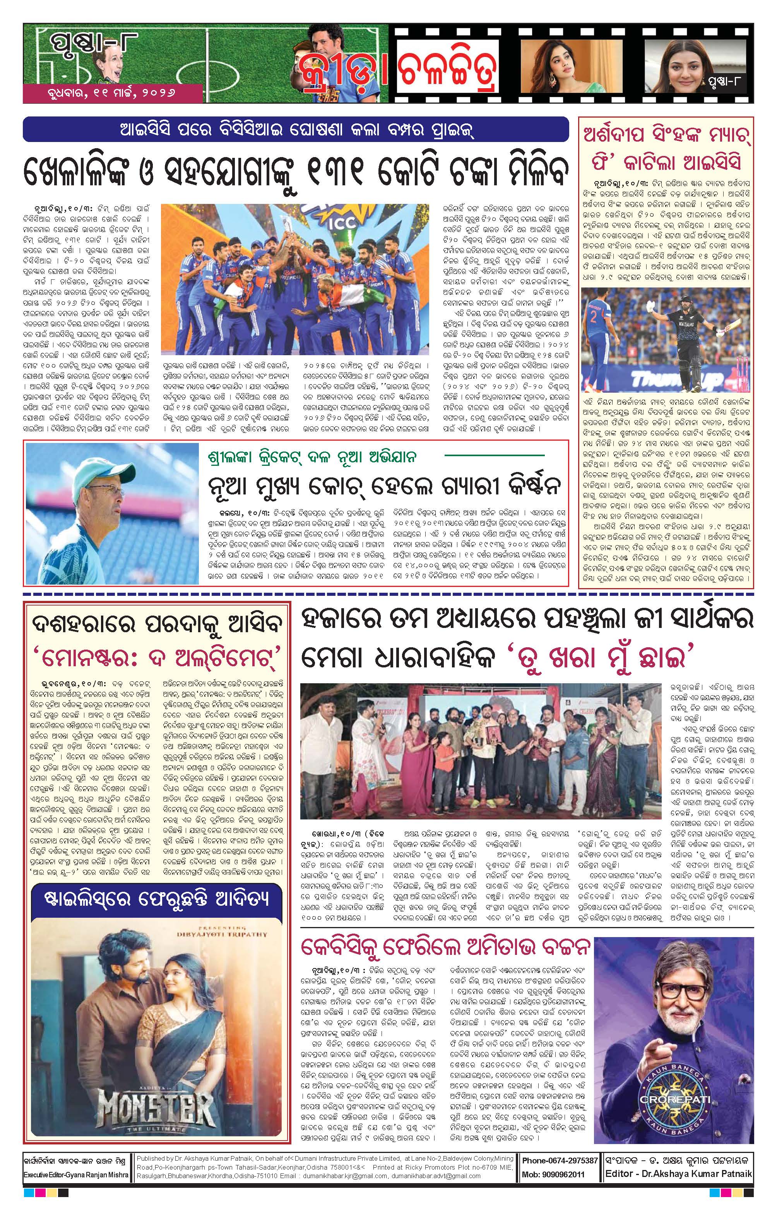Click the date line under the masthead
[112, 94]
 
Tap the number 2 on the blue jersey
[594, 318]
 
